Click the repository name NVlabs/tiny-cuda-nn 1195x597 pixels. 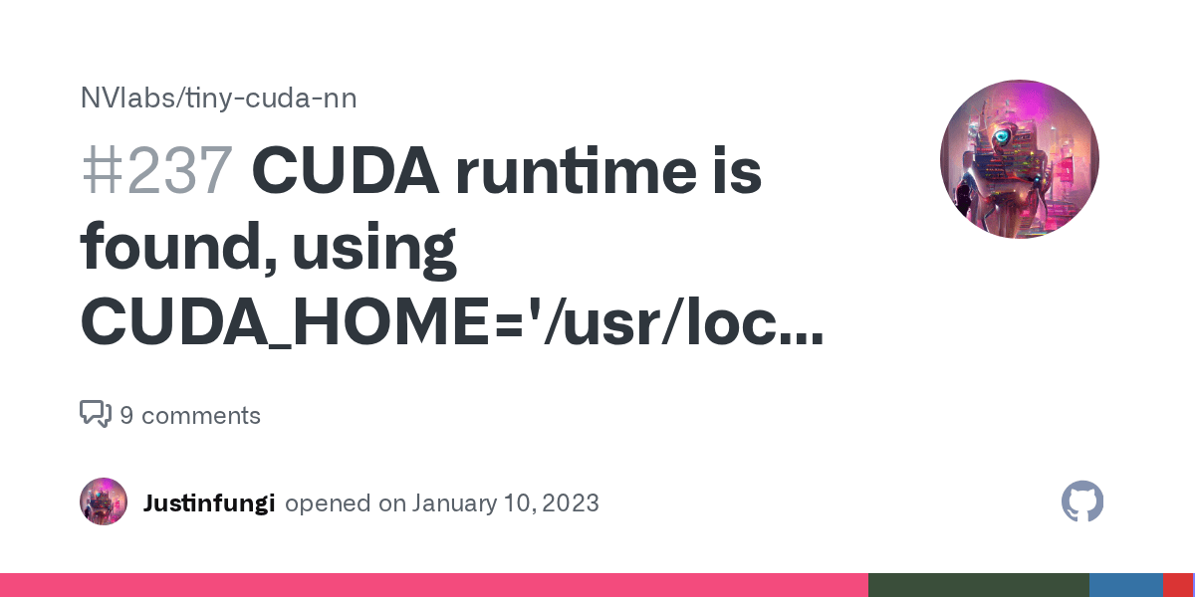click(x=218, y=99)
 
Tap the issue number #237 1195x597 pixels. click(x=156, y=172)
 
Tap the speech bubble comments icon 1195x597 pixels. click(x=95, y=414)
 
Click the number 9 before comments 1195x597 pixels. click(x=126, y=415)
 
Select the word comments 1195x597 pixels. click(x=201, y=415)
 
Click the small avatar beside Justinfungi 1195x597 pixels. click(x=104, y=501)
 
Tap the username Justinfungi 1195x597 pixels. click(x=208, y=502)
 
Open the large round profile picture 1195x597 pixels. click(x=1019, y=159)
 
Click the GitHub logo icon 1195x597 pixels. click(x=1082, y=502)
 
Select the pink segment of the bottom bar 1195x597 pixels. click(x=433, y=585)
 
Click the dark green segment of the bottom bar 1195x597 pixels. click(x=978, y=585)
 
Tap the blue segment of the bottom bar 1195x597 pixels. click(x=1125, y=585)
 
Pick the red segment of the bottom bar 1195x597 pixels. click(x=1178, y=585)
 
